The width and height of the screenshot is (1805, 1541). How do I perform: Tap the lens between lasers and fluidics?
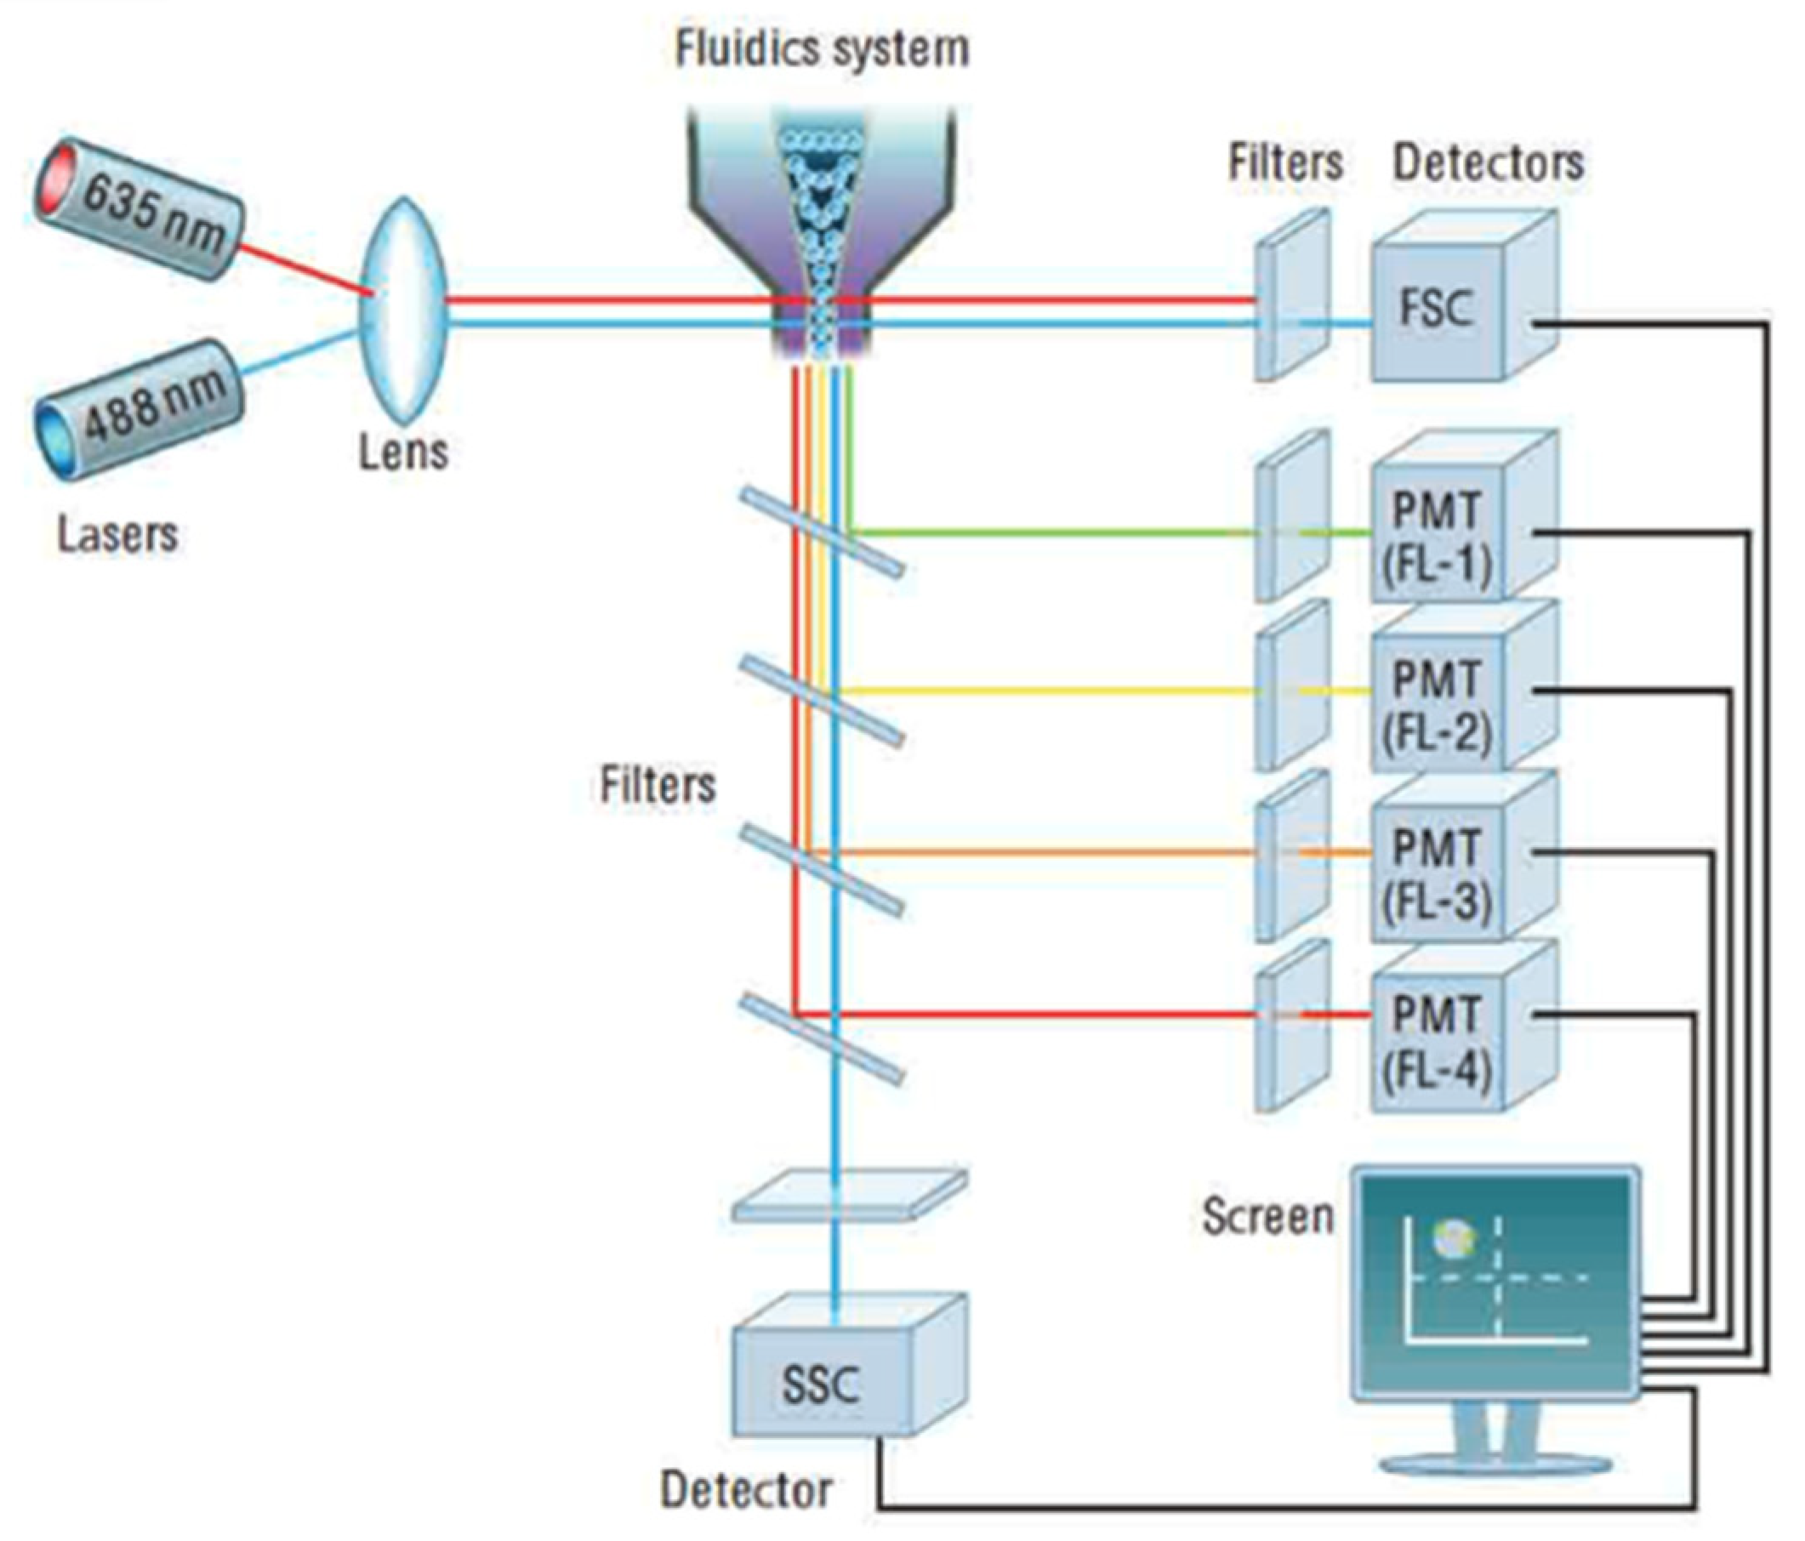(404, 310)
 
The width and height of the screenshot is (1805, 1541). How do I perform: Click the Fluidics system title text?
(822, 48)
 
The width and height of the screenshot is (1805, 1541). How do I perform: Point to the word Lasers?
(117, 533)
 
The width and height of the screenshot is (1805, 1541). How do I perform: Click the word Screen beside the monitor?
(1267, 1216)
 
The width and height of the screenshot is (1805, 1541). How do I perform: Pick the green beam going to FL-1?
(1045, 531)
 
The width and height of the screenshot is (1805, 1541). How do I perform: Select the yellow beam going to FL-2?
(1045, 691)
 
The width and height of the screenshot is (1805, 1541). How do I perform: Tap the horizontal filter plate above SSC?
(850, 1195)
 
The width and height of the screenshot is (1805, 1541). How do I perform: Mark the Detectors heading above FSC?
(1488, 163)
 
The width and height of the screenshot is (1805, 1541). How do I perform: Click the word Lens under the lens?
(403, 452)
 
